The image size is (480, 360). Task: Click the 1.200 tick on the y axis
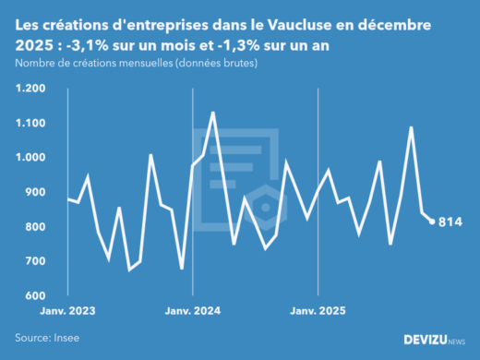[30, 89]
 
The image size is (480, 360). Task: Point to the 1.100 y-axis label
[30, 123]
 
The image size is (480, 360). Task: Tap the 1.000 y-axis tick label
[30, 158]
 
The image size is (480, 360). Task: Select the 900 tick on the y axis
[35, 192]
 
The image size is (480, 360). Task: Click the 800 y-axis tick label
[35, 227]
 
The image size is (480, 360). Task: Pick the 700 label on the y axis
[35, 261]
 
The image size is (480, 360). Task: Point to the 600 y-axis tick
[35, 296]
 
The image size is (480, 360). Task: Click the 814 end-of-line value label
[450, 222]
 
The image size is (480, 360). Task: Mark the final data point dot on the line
[432, 222]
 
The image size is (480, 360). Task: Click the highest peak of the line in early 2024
[213, 113]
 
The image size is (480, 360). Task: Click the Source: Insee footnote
[46, 338]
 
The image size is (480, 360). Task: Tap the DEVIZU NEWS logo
[435, 340]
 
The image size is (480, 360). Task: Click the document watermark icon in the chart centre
[254, 180]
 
